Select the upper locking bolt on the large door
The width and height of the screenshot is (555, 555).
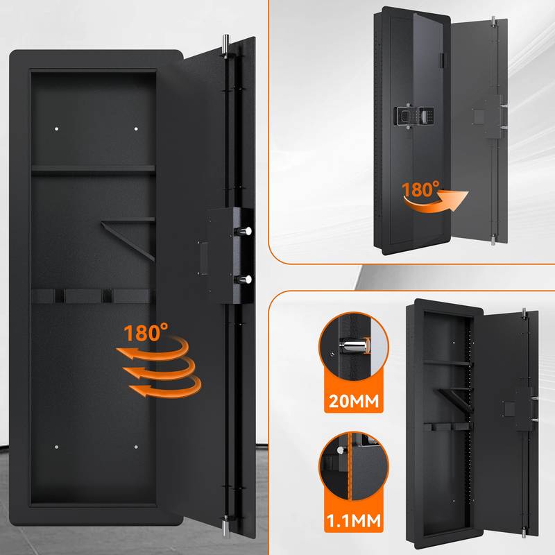tap(247, 231)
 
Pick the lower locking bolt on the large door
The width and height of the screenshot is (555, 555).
tap(247, 278)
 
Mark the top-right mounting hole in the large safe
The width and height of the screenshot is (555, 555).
tap(136, 129)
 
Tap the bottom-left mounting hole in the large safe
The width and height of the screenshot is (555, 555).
tap(57, 447)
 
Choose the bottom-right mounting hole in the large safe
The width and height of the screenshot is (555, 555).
tap(136, 447)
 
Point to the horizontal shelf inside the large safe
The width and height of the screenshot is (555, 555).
tap(93, 167)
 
